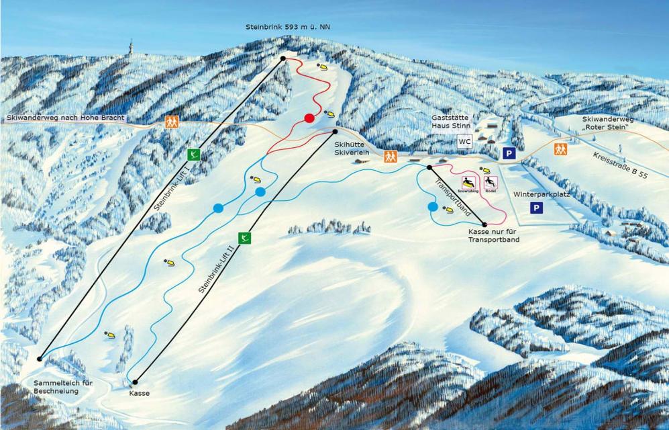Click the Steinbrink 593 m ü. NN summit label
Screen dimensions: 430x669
tap(289, 27)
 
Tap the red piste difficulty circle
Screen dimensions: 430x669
tap(309, 118)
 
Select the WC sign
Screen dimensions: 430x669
tap(464, 142)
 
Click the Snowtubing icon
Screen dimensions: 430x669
tap(468, 183)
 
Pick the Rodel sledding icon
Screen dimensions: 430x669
tap(490, 183)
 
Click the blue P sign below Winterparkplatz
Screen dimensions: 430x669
tap(535, 208)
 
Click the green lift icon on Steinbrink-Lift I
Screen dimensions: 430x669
tap(194, 155)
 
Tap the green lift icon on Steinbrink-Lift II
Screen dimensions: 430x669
tap(244, 237)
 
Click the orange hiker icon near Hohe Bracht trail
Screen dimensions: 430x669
tap(172, 122)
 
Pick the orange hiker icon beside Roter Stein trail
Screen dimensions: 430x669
tap(560, 148)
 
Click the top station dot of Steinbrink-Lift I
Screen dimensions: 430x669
tap(283, 59)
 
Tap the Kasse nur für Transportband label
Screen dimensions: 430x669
tap(493, 235)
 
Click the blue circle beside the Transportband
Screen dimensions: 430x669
tap(433, 207)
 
